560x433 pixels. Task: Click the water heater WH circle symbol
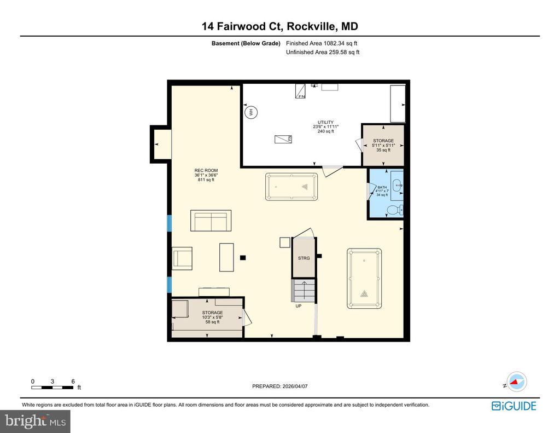point(252,113)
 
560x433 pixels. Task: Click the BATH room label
point(382,191)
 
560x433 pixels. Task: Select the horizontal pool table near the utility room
point(291,187)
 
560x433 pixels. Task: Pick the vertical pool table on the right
point(364,278)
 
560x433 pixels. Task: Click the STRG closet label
point(304,258)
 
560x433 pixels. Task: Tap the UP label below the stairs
point(299,306)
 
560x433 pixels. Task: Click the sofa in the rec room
point(211,221)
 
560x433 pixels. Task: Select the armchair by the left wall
point(182,258)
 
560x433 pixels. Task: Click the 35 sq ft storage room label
point(383,145)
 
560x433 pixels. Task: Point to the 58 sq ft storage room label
point(212,317)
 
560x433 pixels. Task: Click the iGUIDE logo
point(514,406)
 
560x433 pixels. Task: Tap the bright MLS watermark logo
point(35,421)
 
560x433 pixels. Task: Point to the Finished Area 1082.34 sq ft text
point(322,43)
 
